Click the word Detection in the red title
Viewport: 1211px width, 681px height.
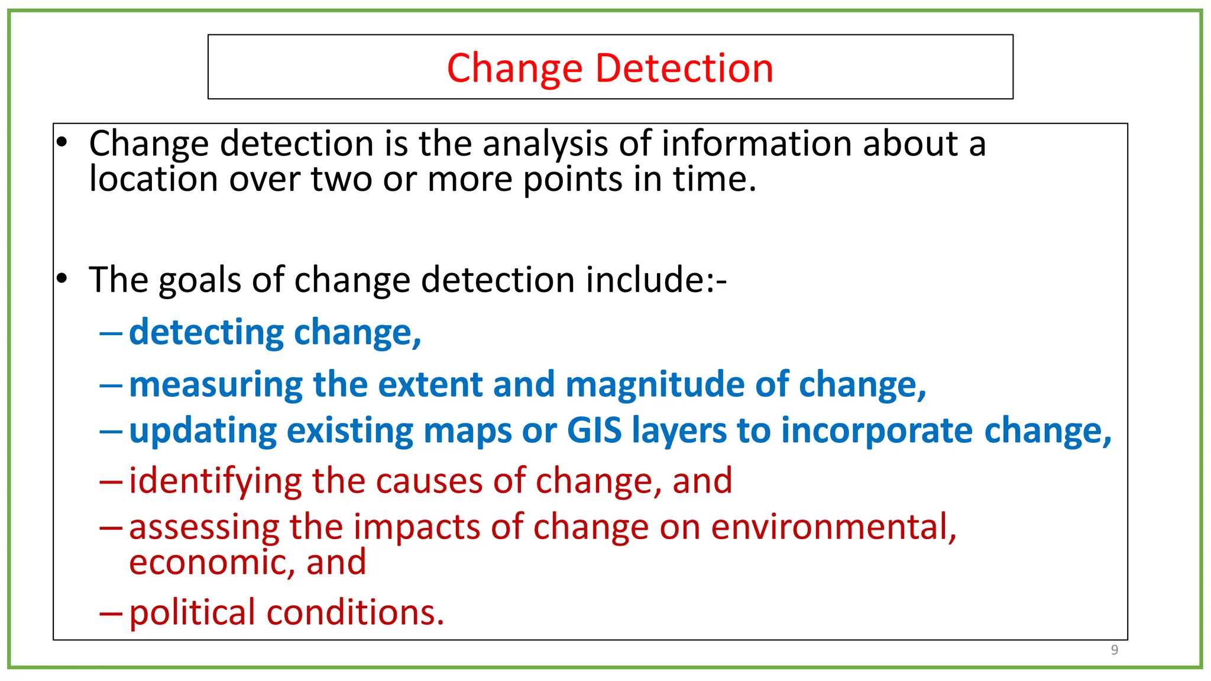[x=684, y=68]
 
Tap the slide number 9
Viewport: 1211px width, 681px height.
[x=1114, y=650]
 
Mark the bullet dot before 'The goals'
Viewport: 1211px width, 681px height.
[x=62, y=278]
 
